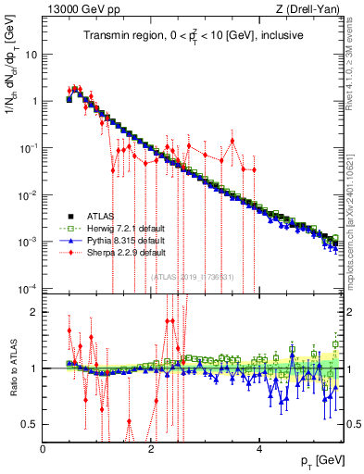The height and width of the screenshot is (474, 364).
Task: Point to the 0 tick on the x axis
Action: pyautogui.click(x=43, y=449)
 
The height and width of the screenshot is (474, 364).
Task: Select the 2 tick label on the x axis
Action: pyautogui.click(x=151, y=449)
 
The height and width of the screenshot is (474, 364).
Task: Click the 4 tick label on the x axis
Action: pyautogui.click(x=259, y=449)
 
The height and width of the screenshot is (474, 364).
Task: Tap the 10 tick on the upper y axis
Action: pyautogui.click(x=31, y=54)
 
